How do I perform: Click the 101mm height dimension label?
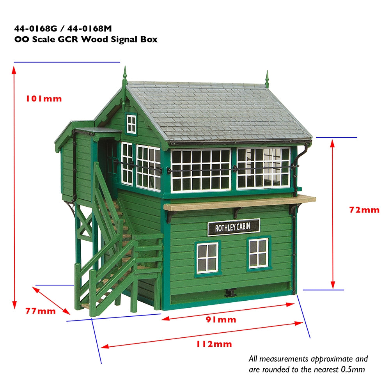click(44, 99)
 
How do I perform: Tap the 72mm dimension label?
click(364, 210)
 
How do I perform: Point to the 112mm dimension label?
click(214, 344)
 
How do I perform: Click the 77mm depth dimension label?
click(41, 311)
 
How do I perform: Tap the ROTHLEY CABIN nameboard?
click(233, 227)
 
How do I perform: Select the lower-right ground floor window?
click(258, 253)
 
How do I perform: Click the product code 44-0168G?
click(34, 28)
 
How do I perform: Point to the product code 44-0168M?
click(92, 28)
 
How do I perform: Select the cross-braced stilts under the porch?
click(84, 234)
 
